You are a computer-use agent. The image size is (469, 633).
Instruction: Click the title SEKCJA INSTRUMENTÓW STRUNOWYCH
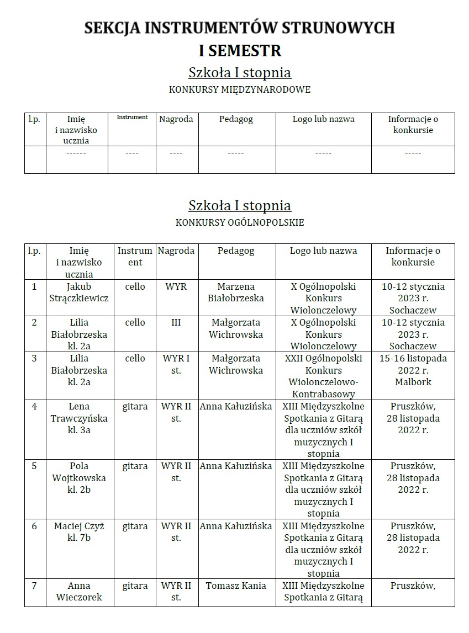[240, 28]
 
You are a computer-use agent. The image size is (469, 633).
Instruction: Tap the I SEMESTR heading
[240, 51]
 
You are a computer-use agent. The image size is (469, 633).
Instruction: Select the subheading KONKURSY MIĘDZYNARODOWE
[240, 89]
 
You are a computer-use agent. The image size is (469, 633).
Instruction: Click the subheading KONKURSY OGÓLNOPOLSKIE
[240, 222]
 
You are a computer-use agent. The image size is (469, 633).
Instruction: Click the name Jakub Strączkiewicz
[80, 292]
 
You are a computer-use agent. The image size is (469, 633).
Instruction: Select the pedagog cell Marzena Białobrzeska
[236, 292]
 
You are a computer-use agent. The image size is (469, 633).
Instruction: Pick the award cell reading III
[176, 322]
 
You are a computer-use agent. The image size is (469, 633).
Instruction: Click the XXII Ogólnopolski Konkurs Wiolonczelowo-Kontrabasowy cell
[323, 376]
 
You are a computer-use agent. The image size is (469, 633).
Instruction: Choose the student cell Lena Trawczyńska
[80, 418]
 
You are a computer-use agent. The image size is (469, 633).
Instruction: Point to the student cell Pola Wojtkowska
[80, 477]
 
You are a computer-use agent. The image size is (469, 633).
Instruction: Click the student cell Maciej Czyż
[80, 531]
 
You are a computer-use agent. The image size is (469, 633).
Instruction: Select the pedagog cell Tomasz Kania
[236, 586]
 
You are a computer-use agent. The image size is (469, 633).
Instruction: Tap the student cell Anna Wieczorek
[80, 591]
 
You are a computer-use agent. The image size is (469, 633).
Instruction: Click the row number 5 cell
[34, 466]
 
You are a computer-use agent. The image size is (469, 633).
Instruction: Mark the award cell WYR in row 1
[176, 287]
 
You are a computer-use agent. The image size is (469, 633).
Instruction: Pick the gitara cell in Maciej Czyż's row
[135, 526]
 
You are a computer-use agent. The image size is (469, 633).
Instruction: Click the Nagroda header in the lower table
[176, 251]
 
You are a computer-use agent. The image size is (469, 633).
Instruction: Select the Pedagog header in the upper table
[236, 119]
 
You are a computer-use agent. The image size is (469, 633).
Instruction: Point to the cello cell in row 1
[135, 287]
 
